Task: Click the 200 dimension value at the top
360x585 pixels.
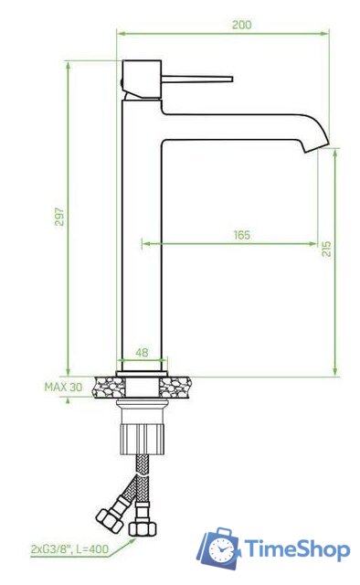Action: [242, 25]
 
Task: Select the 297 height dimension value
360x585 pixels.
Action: [59, 217]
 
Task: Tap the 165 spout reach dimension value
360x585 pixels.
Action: [242, 235]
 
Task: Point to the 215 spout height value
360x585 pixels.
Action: [326, 249]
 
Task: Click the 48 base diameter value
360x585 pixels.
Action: [142, 352]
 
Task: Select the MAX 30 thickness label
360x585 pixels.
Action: [63, 387]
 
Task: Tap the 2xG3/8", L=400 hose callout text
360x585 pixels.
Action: [69, 548]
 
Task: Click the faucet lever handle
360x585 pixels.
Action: [197, 79]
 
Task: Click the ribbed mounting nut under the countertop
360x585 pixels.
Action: [142, 439]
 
